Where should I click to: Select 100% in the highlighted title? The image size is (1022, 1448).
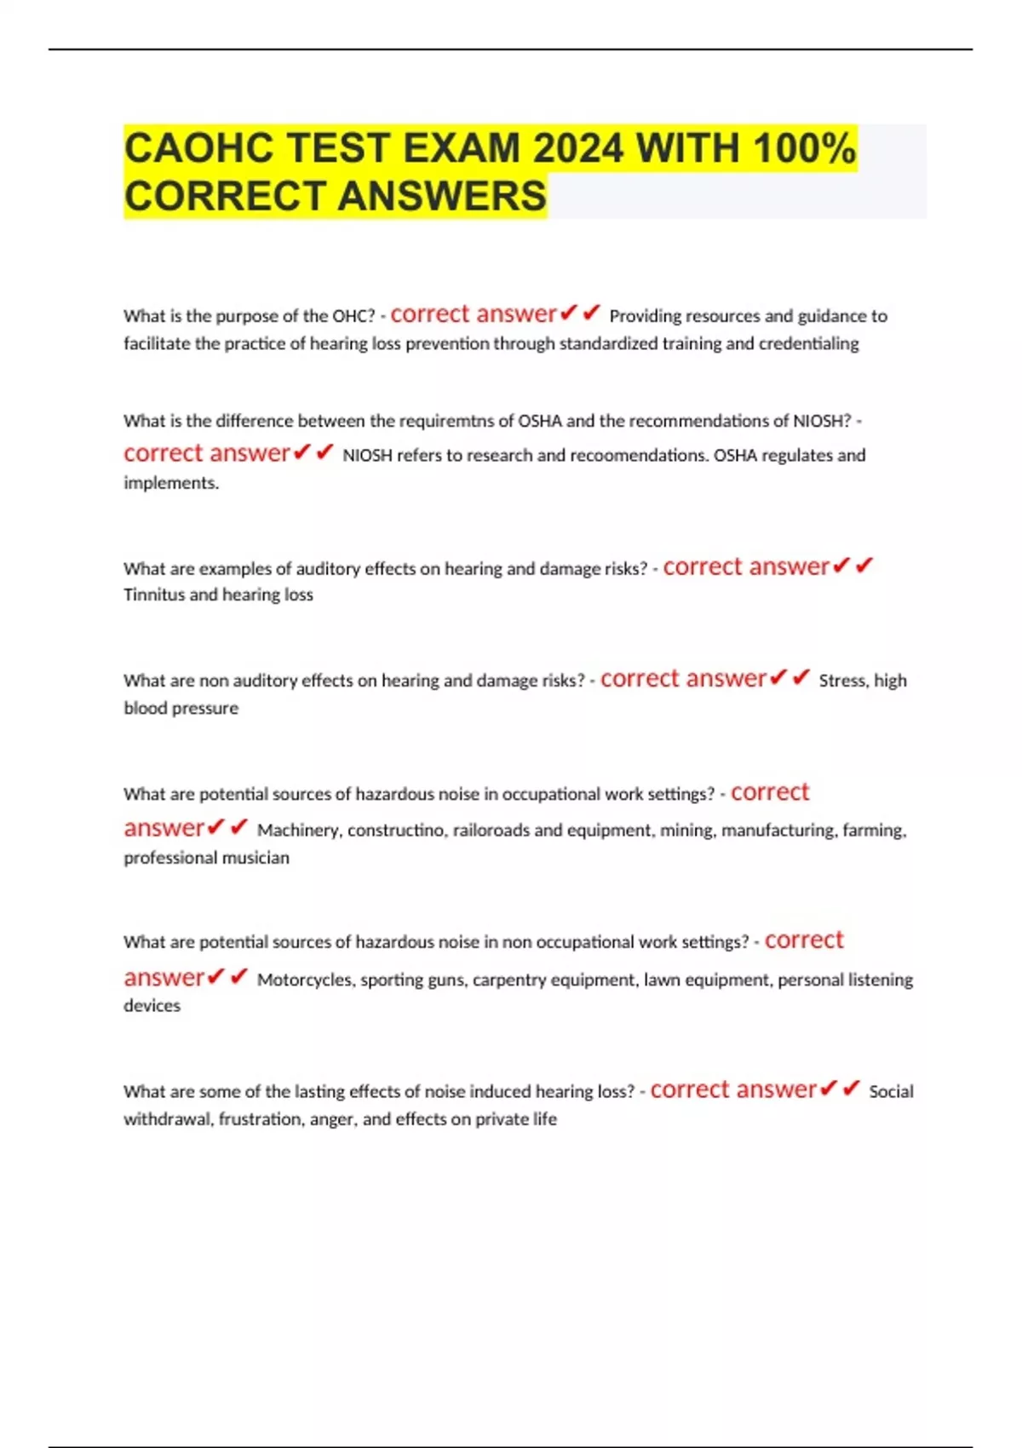tap(805, 148)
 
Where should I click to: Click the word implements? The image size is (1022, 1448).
tap(171, 483)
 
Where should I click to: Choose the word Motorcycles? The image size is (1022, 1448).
tap(305, 980)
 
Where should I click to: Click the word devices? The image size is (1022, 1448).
tap(152, 1006)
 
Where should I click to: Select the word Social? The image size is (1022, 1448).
tap(891, 1092)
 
